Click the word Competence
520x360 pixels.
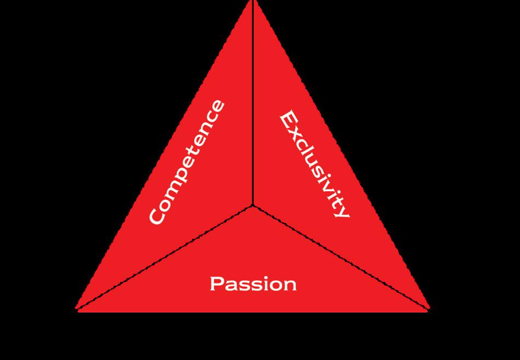point(187,162)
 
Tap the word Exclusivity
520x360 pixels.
point(313,164)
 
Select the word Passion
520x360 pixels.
point(253,284)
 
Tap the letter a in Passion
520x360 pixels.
point(230,285)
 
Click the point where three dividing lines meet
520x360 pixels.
point(253,205)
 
